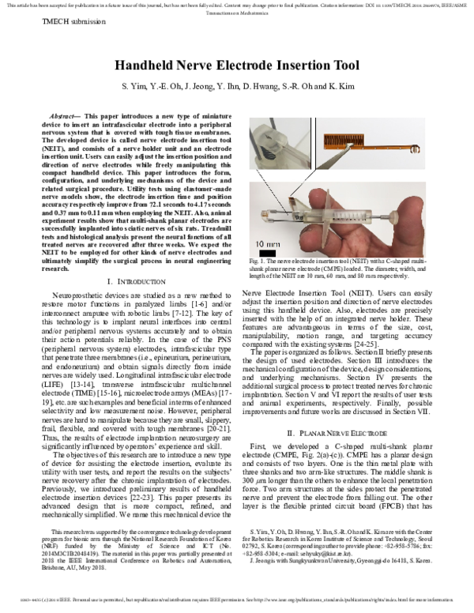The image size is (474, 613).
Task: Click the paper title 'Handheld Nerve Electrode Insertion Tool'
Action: [x=237, y=66]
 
